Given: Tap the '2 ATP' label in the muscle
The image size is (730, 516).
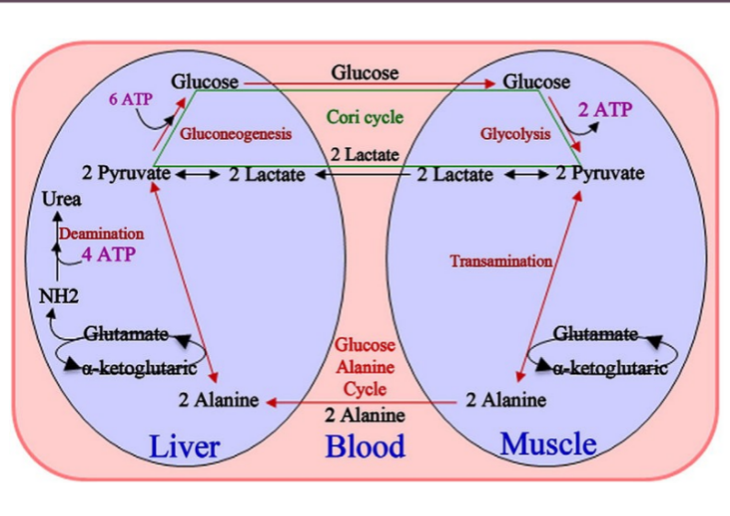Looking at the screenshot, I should click(605, 109).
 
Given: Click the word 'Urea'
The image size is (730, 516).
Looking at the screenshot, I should click(62, 200).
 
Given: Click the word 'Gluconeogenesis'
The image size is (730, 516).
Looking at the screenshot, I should click(236, 134).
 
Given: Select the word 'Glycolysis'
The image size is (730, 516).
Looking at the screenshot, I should click(515, 134).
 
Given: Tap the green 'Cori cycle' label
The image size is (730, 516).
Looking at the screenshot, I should click(365, 118).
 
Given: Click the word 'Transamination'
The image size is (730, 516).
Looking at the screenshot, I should click(500, 261).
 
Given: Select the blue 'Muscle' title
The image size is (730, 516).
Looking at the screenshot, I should click(548, 444).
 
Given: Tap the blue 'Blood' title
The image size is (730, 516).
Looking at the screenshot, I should click(365, 447).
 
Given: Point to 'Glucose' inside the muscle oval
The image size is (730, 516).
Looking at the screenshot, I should click(536, 82).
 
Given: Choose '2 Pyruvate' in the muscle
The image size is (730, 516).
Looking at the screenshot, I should click(599, 172).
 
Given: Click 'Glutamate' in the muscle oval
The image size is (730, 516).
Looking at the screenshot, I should click(597, 333).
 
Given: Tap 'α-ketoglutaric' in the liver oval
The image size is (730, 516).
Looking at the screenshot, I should click(139, 368).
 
